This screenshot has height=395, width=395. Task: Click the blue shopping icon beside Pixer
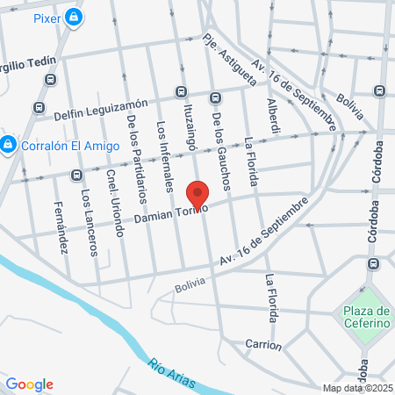(x=75, y=17)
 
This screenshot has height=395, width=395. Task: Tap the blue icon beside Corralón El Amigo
(x=8, y=143)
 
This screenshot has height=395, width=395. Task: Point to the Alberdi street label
(x=274, y=116)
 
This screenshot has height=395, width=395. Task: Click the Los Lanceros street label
(x=88, y=222)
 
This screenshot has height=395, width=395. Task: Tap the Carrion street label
(x=263, y=345)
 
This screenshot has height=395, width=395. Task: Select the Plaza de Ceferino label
(x=367, y=317)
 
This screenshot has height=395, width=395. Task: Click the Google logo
(x=30, y=384)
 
